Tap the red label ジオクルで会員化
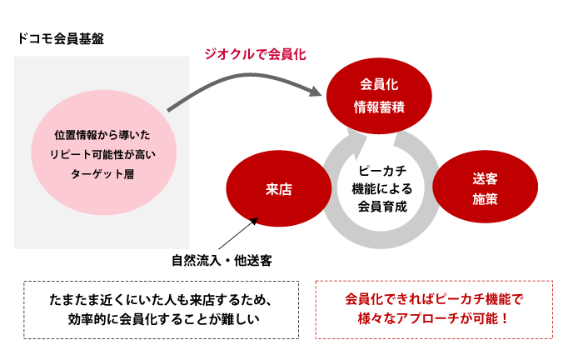tap(256, 55)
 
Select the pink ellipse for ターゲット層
tap(103, 154)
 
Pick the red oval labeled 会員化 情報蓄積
tap(378, 96)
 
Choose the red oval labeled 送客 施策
tap(485, 189)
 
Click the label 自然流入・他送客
tap(222, 260)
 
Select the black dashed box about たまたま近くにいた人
tap(162, 308)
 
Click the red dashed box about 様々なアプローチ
tap(434, 308)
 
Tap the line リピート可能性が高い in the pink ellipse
tap(103, 154)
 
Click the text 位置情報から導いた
tap(103, 134)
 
